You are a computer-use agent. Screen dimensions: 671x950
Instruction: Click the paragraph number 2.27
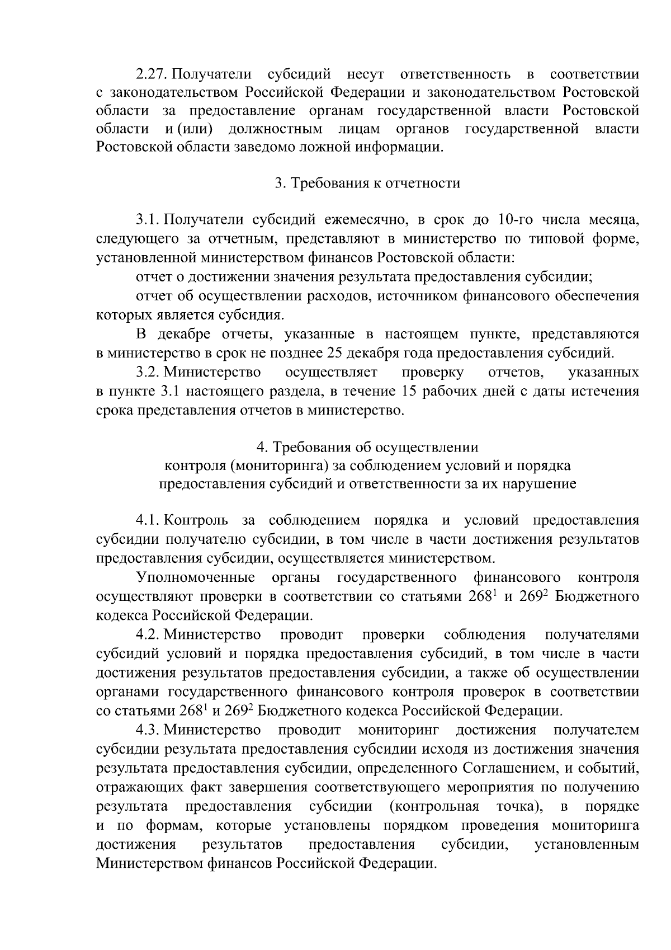point(153,74)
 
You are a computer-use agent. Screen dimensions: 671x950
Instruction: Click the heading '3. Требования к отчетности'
point(367,184)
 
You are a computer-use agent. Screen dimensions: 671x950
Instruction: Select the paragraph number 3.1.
point(148,220)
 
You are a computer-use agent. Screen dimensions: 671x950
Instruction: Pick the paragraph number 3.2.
point(148,372)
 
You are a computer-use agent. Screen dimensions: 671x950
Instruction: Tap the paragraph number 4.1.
point(148,520)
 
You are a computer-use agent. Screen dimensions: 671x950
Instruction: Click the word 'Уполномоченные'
point(196,577)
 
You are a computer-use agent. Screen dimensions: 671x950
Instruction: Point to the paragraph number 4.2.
point(148,635)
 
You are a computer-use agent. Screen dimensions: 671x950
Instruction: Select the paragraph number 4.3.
point(148,730)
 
